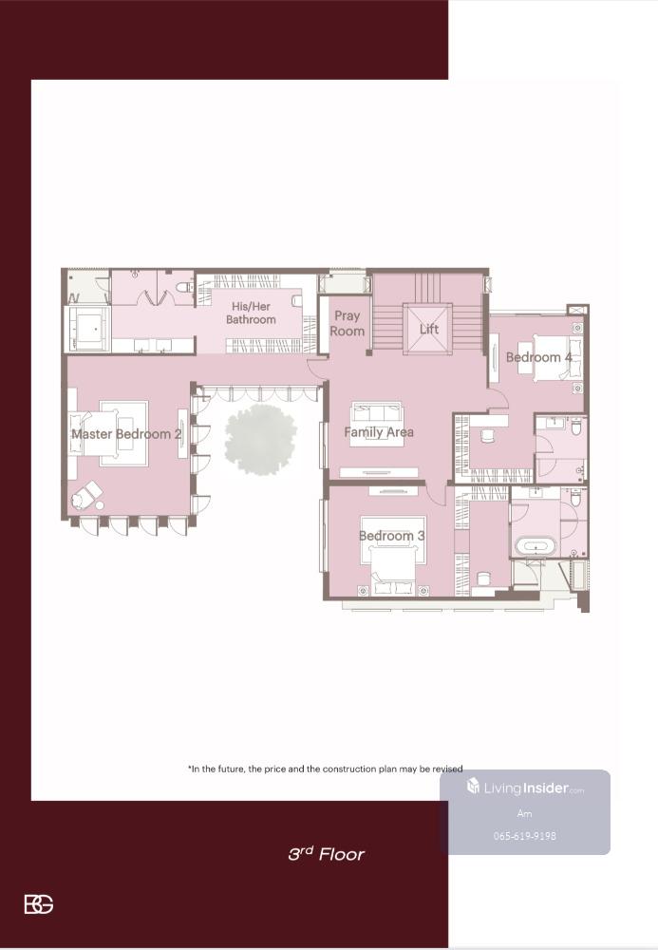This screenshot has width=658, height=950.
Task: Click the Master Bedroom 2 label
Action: click(126, 434)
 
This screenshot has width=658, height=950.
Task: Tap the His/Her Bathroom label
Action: click(251, 313)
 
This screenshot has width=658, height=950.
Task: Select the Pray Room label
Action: click(347, 323)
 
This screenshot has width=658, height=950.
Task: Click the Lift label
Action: click(428, 329)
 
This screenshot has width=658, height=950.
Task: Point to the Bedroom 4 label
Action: click(538, 357)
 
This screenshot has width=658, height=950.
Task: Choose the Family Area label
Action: click(379, 432)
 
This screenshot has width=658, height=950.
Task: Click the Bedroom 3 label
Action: click(391, 536)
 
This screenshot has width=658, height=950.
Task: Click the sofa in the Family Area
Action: click(378, 413)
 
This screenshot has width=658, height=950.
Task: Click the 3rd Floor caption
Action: click(327, 854)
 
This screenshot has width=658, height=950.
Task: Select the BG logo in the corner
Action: click(39, 904)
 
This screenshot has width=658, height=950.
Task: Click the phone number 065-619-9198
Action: click(525, 836)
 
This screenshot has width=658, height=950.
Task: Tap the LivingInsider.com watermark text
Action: click(525, 788)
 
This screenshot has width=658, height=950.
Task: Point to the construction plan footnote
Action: click(325, 769)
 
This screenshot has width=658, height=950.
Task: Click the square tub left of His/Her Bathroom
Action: click(88, 329)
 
